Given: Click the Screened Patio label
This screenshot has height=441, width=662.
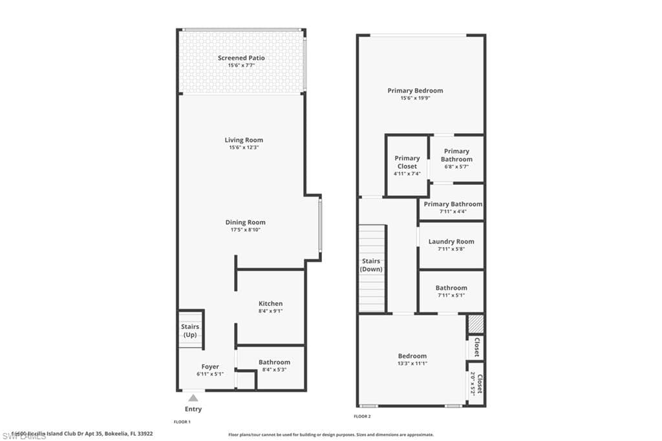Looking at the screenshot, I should tap(241, 58).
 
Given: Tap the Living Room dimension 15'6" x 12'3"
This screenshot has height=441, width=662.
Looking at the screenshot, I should tap(244, 147).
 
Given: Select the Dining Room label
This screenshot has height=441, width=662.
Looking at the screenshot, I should tap(245, 222).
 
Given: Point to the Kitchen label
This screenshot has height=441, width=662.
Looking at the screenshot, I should tap(270, 303).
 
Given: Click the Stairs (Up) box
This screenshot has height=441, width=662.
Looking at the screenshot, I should tap(190, 330).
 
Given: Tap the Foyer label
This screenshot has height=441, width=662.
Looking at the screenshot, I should tap(210, 367).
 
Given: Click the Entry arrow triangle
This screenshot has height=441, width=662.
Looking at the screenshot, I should tap(193, 398).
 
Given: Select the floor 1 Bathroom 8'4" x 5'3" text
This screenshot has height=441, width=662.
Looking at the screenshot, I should tap(274, 370).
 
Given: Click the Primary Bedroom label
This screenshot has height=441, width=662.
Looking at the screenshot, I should tap(415, 91).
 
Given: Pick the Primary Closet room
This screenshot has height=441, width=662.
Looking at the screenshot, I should tap(407, 166).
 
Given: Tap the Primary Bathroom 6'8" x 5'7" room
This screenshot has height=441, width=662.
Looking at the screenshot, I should tap(456, 159).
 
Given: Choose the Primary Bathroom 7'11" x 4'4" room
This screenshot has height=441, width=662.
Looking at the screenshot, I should tap(453, 207).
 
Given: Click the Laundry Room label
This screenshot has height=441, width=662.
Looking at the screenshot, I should tap(451, 242).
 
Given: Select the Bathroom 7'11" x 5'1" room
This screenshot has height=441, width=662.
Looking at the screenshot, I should tap(451, 291).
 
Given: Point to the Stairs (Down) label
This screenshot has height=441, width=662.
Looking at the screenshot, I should tap(371, 265).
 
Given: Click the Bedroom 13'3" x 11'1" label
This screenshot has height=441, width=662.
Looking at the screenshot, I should tap(412, 356).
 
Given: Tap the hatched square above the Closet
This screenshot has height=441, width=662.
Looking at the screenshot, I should tap(476, 324).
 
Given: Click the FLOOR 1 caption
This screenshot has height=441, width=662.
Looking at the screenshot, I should tap(182, 422).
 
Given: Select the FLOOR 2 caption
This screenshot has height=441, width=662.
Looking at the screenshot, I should tap(362, 416).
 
